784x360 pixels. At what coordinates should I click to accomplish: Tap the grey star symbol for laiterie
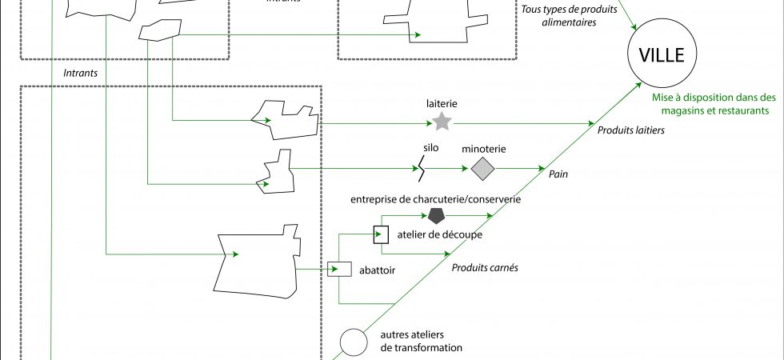click(x=441, y=122)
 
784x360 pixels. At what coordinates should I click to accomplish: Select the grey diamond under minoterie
click(x=482, y=169)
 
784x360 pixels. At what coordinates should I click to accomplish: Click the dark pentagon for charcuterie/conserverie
click(x=436, y=215)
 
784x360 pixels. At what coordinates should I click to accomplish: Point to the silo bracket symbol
click(x=420, y=168)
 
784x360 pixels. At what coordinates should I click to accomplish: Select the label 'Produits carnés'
click(x=486, y=268)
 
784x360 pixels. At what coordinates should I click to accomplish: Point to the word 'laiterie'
click(x=441, y=103)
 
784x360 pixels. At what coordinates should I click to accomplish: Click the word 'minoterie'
click(x=483, y=149)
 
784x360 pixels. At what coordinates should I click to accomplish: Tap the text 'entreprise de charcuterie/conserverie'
click(x=435, y=198)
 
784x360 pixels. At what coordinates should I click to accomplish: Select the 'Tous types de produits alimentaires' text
click(x=570, y=17)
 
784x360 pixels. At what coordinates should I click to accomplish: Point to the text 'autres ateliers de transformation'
click(x=420, y=342)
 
